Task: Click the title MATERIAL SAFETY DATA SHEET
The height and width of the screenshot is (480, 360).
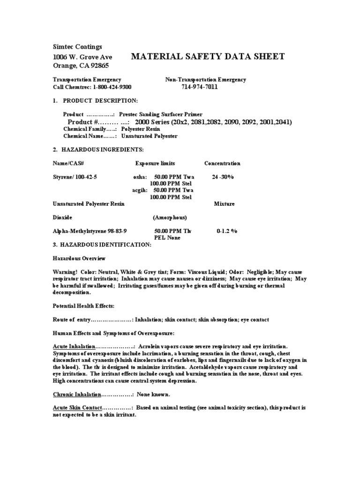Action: (208, 57)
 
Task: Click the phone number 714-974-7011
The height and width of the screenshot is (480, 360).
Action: (200, 87)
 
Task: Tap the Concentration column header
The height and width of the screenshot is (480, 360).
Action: (222, 164)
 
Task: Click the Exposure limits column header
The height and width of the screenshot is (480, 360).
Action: (155, 164)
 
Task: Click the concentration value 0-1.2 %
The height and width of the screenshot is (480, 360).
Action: (227, 232)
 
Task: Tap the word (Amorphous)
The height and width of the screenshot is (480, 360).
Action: (170, 218)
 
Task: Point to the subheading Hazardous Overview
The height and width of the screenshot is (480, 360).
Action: (79, 258)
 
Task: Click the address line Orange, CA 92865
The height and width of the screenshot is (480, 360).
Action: (82, 65)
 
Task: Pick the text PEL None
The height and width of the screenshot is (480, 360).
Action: (162, 238)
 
